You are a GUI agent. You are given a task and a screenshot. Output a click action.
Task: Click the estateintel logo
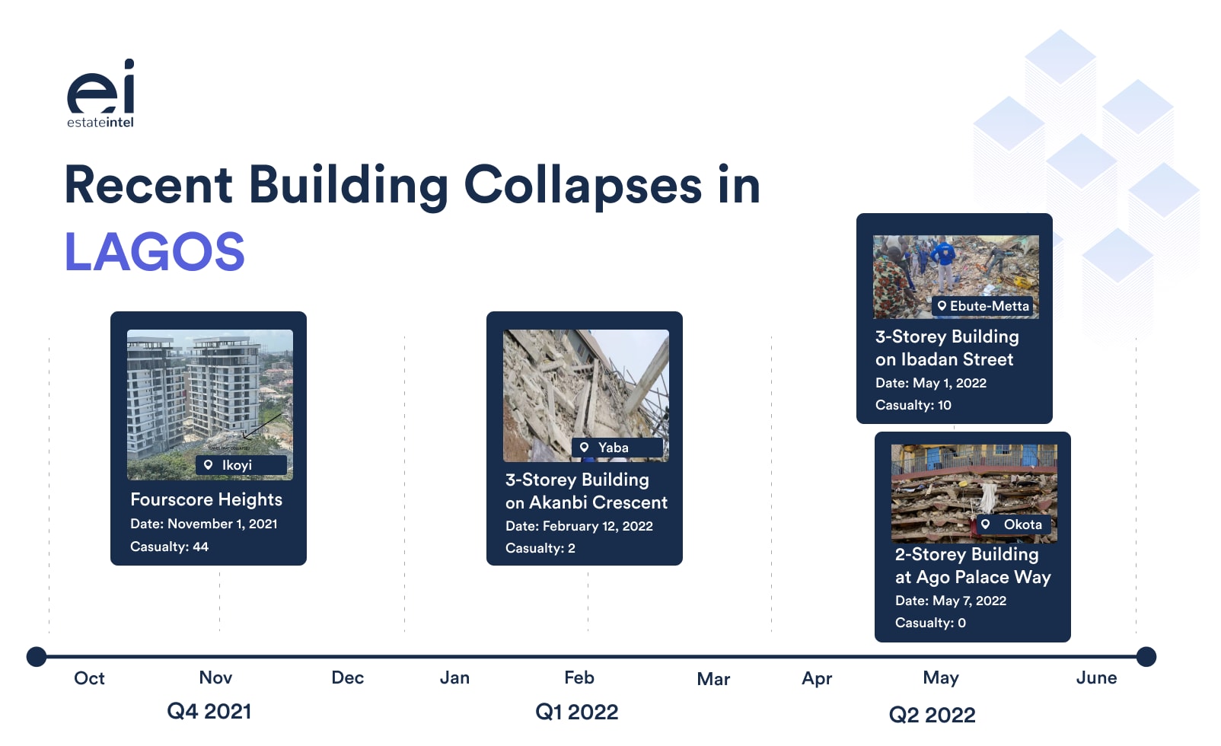[100, 93]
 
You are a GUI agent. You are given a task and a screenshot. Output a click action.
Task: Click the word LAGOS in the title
[155, 252]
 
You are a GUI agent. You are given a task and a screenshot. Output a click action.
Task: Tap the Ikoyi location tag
[241, 465]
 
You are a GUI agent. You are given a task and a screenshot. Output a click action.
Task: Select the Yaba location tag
[617, 448]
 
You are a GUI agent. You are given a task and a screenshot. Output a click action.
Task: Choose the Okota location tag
[1013, 524]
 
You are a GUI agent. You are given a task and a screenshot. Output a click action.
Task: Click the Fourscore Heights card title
[206, 499]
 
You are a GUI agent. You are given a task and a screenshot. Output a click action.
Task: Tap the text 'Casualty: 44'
[169, 547]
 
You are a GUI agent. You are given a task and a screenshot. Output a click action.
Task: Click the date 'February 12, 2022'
[598, 526]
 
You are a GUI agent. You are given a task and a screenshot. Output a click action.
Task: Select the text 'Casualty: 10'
[913, 405]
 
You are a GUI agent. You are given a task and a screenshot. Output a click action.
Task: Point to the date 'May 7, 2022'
[969, 601]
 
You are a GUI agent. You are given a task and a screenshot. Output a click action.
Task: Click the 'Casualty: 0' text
[930, 623]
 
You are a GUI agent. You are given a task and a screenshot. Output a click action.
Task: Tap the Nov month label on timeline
[216, 677]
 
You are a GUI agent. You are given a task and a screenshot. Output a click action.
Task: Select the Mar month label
[713, 679]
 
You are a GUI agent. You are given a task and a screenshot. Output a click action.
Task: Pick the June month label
[1096, 677]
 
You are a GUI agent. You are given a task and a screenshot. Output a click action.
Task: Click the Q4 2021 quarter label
[209, 711]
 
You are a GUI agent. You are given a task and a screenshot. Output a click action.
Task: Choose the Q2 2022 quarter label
[932, 714]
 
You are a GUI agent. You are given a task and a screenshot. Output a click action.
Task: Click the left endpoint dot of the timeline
[37, 657]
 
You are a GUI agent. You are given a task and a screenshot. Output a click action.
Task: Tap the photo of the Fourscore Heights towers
[210, 404]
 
